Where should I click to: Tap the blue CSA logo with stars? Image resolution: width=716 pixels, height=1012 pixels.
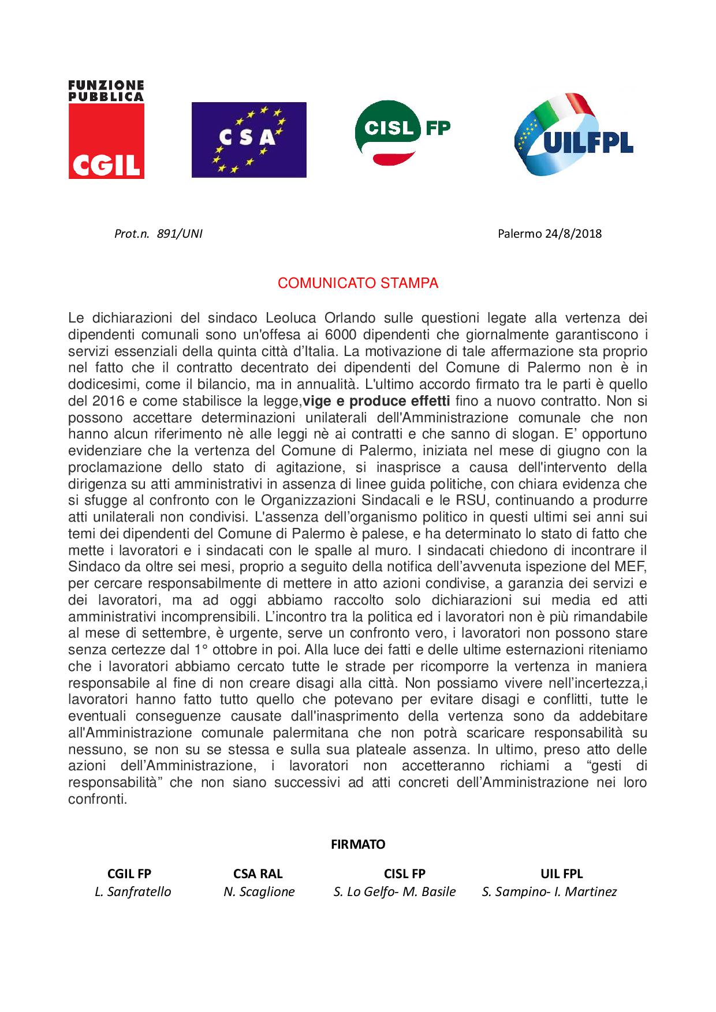tap(249, 140)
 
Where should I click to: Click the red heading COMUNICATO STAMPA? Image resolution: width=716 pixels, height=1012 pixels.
tap(358, 283)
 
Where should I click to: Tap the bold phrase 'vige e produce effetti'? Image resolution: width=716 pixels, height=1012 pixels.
tap(376, 401)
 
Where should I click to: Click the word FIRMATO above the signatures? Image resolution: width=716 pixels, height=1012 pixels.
tap(358, 844)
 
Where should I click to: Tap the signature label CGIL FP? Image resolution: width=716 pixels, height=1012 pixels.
tap(129, 874)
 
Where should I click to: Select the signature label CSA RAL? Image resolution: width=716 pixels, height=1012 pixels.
tap(258, 874)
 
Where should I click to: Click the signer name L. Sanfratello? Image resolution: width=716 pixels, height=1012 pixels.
tap(133, 891)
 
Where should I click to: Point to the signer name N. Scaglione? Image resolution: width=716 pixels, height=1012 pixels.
tap(259, 891)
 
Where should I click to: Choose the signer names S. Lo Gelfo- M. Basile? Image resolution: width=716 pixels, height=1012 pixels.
tap(395, 891)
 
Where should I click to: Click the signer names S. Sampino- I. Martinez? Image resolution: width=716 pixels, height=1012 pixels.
tap(549, 891)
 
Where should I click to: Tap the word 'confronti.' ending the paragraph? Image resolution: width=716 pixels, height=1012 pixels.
tap(97, 800)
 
